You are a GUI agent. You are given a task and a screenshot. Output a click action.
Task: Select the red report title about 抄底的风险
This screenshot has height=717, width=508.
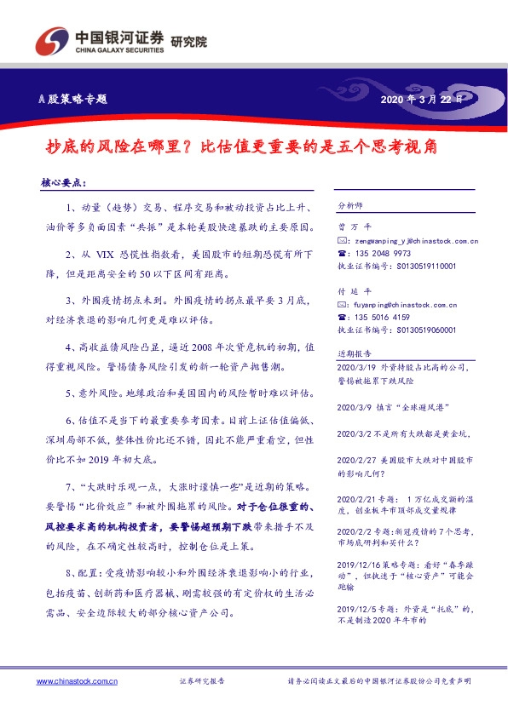pyautogui.click(x=240, y=146)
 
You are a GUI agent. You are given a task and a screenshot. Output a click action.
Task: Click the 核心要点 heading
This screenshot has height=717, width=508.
pyautogui.click(x=63, y=183)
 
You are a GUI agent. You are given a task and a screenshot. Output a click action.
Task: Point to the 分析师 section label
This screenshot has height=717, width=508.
pyautogui.click(x=350, y=206)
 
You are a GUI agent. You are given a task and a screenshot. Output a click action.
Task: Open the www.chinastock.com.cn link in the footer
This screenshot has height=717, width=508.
pyautogui.click(x=77, y=682)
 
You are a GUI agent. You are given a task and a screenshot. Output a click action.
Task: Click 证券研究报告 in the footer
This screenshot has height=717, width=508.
pyautogui.click(x=202, y=682)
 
